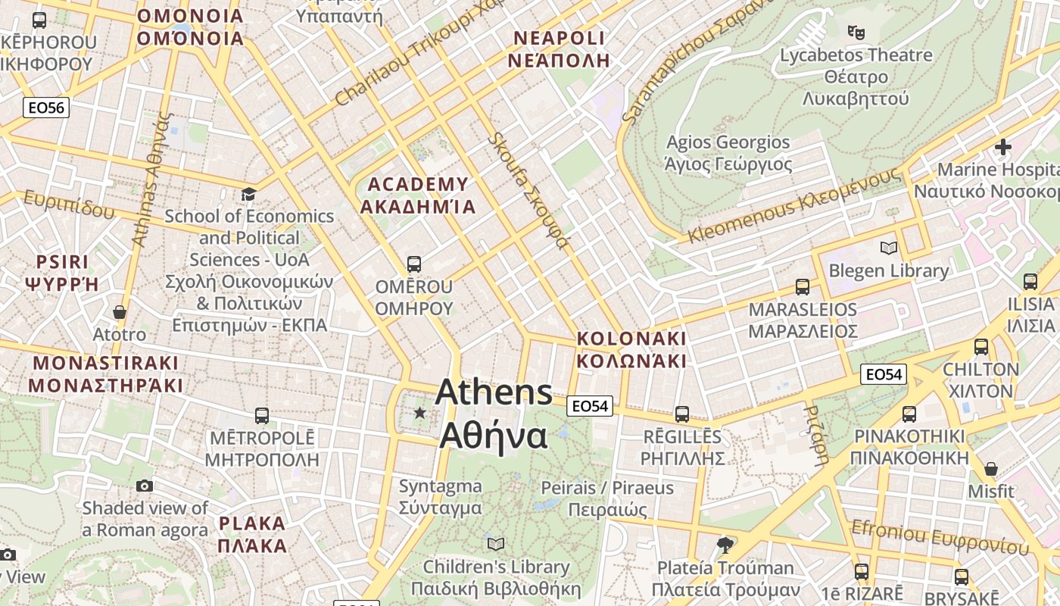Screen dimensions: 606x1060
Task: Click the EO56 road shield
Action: (46, 108)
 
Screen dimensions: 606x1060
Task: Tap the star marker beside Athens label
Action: (419, 413)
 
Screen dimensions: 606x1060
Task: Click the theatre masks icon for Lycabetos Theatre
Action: (856, 32)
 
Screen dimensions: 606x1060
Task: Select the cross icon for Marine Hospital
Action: (1003, 146)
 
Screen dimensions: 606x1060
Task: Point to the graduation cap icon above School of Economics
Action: (248, 195)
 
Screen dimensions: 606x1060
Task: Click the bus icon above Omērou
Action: (413, 264)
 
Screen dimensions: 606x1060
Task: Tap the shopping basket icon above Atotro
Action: (119, 311)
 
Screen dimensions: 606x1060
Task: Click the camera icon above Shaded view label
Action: (145, 486)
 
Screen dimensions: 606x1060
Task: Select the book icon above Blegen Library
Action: (888, 248)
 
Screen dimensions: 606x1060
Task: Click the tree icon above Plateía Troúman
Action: (725, 545)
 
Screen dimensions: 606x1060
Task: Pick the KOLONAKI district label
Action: (631, 349)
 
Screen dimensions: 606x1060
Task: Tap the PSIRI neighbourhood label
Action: (62, 273)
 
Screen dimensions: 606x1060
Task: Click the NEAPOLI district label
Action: (560, 49)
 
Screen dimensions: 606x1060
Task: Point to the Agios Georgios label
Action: (728, 153)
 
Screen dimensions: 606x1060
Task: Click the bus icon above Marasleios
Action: (803, 287)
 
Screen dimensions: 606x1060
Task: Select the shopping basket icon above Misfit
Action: (990, 469)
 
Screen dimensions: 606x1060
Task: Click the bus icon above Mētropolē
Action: (261, 415)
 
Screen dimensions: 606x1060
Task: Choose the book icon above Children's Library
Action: (496, 544)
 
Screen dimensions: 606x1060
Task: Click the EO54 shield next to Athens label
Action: (590, 406)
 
